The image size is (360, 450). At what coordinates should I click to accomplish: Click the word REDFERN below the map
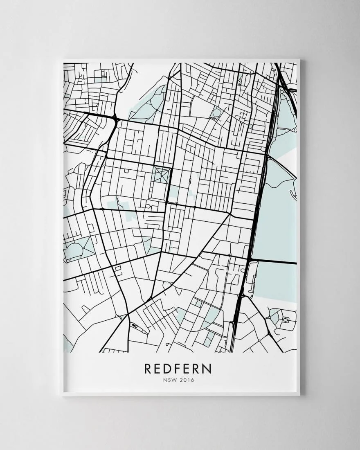178,368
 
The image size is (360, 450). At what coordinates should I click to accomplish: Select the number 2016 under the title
187,380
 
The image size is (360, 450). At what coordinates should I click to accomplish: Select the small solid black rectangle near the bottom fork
134,325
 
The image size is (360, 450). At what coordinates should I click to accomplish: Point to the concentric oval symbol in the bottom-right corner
285,319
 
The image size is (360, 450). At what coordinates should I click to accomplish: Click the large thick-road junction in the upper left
115,119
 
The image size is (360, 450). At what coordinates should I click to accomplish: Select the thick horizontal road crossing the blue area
274,261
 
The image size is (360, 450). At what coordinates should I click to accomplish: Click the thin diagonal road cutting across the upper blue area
282,168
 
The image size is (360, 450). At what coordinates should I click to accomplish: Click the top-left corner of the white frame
62,60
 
